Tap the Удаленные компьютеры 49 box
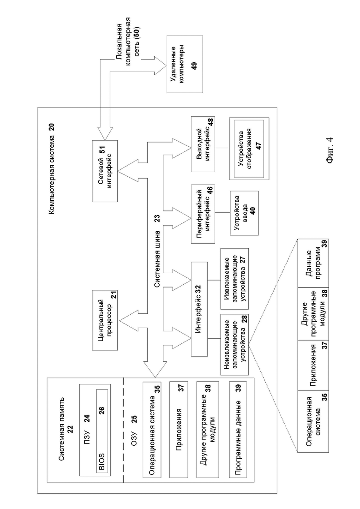(x=184, y=65)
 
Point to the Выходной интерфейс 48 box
(x=203, y=144)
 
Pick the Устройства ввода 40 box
(x=244, y=213)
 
